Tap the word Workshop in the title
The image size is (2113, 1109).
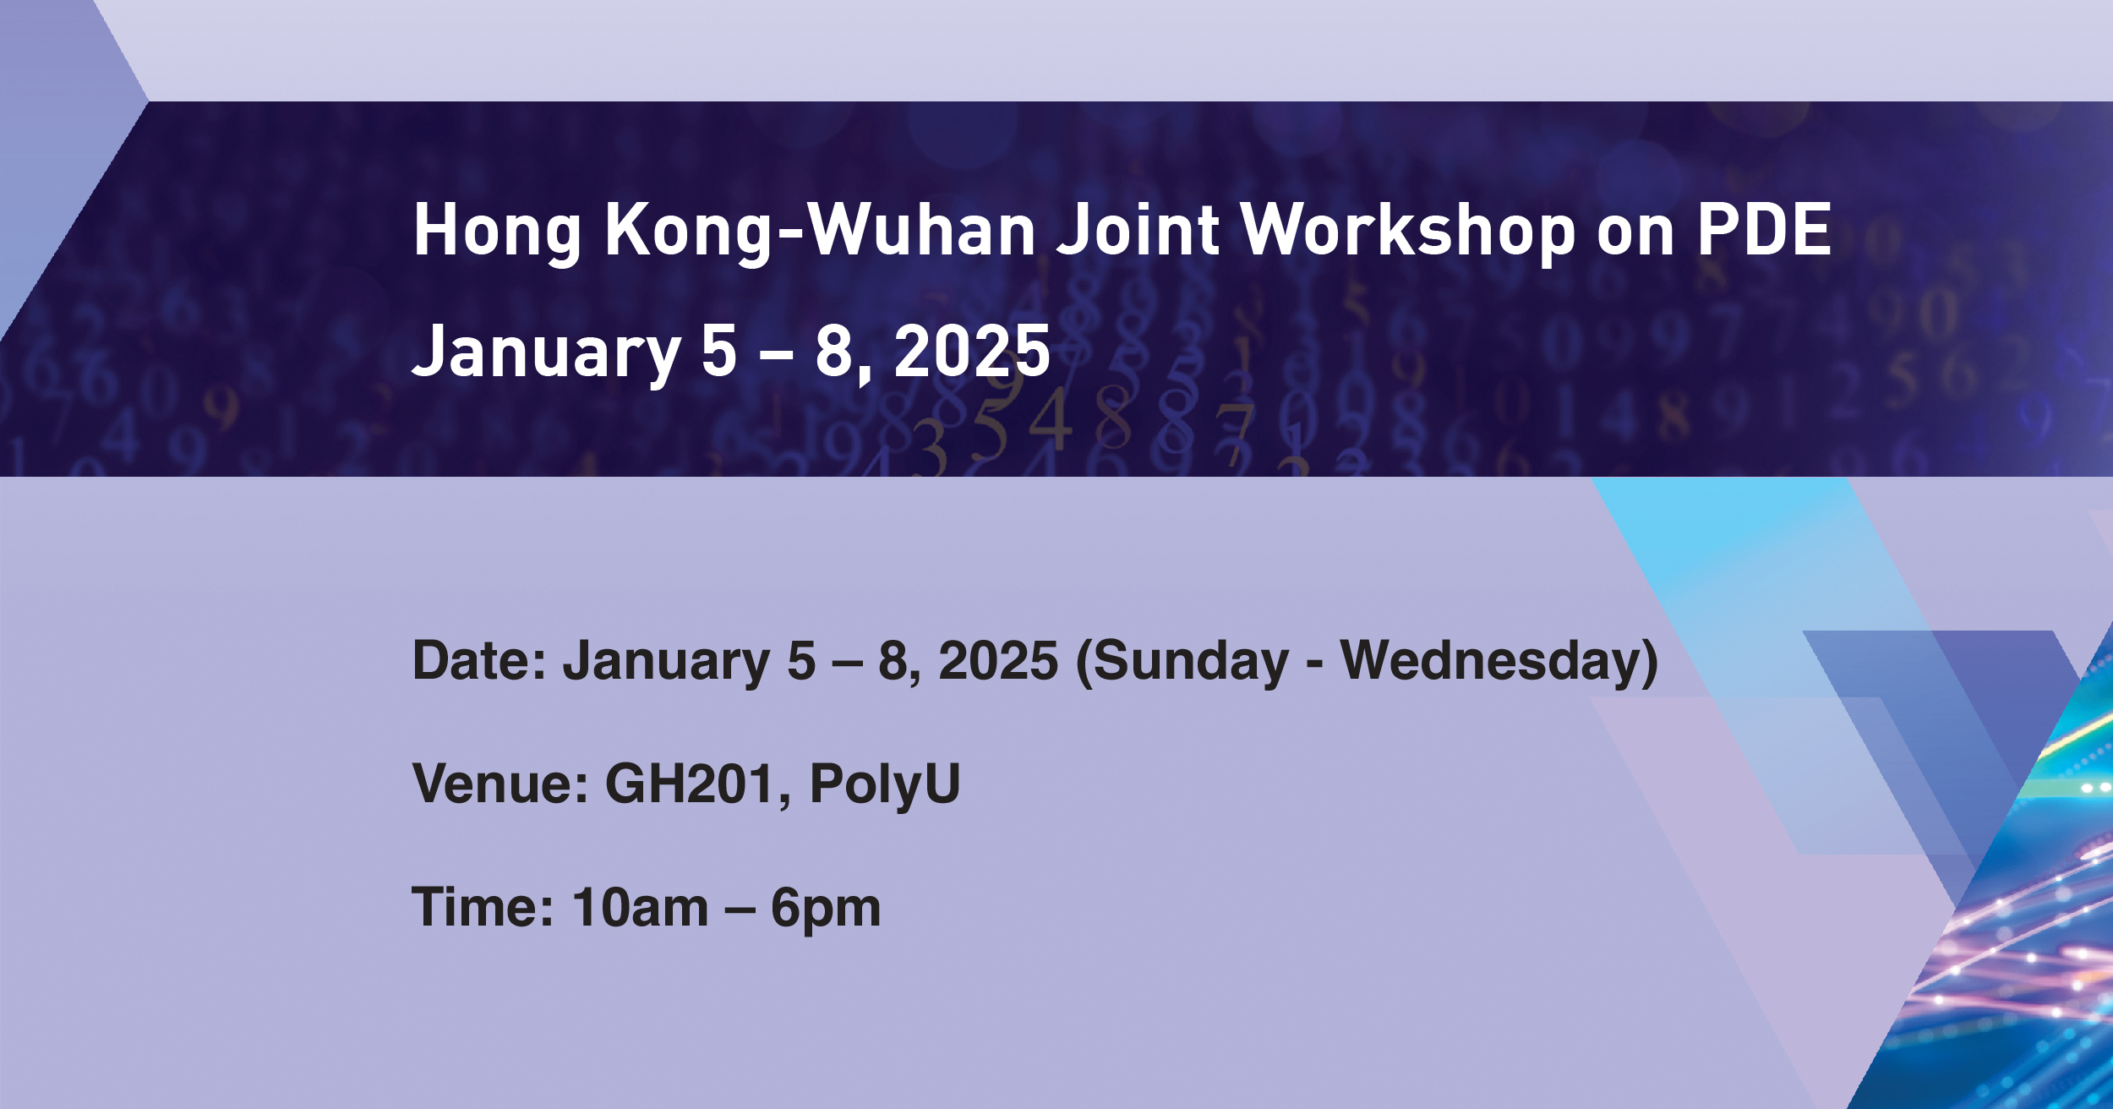click(x=1407, y=230)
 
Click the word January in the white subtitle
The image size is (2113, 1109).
click(x=546, y=352)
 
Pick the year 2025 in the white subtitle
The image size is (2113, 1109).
click(x=971, y=351)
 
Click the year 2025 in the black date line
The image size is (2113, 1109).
click(x=998, y=660)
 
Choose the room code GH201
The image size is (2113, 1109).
click(x=690, y=784)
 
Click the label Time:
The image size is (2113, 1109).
click(x=483, y=908)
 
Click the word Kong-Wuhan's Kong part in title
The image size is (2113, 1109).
click(x=688, y=232)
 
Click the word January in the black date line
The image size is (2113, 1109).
click(x=667, y=662)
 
